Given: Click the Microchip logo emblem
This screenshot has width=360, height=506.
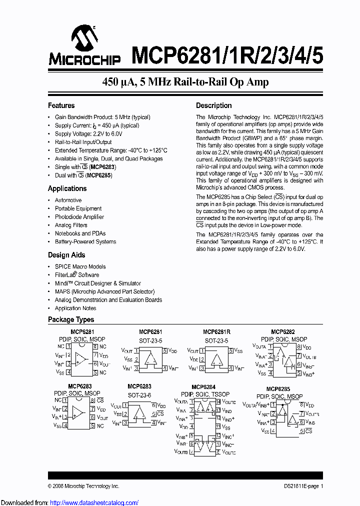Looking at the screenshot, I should tap(84, 38).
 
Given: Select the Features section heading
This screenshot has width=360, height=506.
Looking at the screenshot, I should tap(61, 105).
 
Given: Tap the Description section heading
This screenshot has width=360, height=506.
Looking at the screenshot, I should tap(213, 105).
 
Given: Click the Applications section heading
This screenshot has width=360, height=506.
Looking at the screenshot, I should tap(67, 188).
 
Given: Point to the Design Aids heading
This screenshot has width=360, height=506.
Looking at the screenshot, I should tap(66, 255).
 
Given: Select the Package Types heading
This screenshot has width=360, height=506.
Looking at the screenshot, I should tap(70, 319).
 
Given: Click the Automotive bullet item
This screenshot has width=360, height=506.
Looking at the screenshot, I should tap(68, 200).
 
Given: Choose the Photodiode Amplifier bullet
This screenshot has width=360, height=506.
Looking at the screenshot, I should tap(79, 217).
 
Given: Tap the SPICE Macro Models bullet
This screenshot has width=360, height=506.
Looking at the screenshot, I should tap(80, 266).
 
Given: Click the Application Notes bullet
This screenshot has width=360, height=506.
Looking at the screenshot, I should tap(75, 308).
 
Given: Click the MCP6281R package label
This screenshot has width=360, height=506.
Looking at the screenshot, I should tap(216, 332).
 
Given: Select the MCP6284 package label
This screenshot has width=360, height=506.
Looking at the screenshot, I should tap(203, 387).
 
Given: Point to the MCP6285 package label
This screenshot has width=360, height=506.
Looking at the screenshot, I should tap(278, 389).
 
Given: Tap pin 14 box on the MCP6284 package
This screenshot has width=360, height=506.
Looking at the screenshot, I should tap(217, 402).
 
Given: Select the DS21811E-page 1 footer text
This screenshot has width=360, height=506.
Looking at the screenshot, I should tap(300, 486).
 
